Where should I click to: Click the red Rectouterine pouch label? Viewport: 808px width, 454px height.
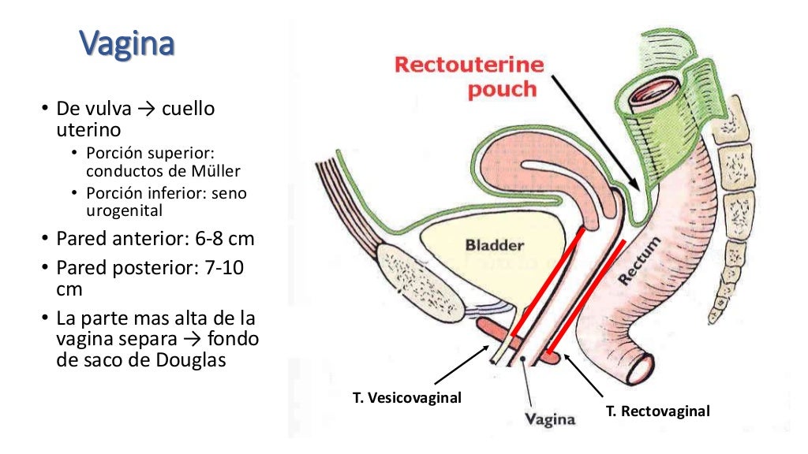(x=469, y=76)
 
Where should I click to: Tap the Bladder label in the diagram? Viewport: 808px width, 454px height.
(x=494, y=245)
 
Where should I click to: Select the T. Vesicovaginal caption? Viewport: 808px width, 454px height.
(x=406, y=398)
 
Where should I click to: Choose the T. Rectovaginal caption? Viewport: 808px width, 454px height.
(x=657, y=411)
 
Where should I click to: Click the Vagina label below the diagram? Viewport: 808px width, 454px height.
(x=550, y=419)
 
